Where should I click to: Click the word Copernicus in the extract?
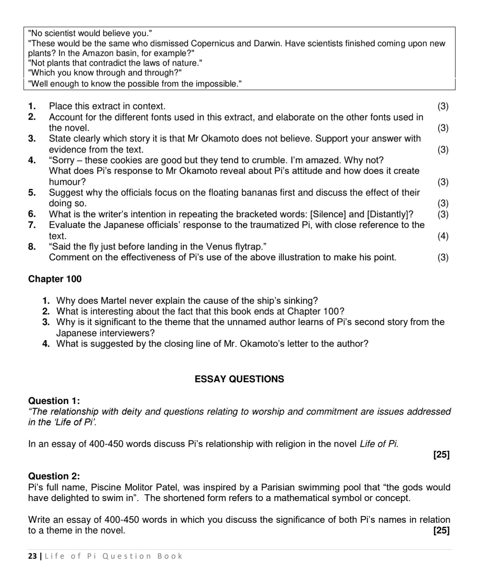click(212, 43)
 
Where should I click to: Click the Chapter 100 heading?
click(55, 279)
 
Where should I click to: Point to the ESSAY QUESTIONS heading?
click(239, 379)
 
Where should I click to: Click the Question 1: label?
click(54, 401)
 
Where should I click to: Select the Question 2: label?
click(54, 476)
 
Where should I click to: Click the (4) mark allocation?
click(443, 236)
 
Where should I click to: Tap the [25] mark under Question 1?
click(441, 455)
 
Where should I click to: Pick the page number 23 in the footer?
click(32, 556)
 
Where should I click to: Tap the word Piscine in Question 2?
click(106, 487)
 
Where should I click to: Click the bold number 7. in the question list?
click(32, 225)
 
